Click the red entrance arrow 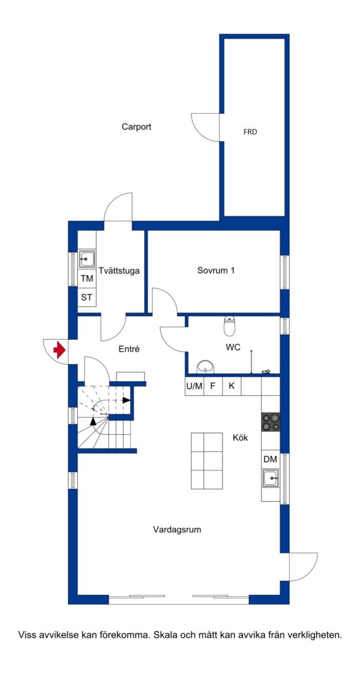[59, 350]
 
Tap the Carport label [136, 127]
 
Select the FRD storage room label [250, 132]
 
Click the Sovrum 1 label [216, 271]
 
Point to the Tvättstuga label [119, 271]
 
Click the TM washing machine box [87, 279]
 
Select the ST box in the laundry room [87, 297]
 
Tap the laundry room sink [87, 259]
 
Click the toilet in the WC [230, 326]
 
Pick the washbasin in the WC [206, 367]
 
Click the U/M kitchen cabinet [194, 386]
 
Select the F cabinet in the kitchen [212, 386]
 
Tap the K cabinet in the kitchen [232, 386]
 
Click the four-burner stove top [271, 421]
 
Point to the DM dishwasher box [270, 459]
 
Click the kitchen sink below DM [271, 477]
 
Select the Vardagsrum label [177, 529]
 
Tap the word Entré [129, 350]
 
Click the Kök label [241, 438]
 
